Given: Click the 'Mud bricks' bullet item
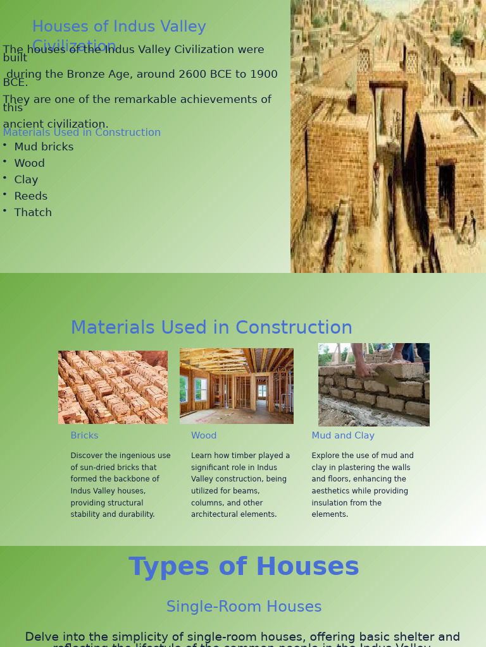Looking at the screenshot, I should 44,147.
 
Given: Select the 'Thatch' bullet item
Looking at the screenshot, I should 33,213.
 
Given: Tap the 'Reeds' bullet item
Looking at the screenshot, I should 30,197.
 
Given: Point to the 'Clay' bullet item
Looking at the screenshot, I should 26,180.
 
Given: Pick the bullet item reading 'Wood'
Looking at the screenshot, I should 29,164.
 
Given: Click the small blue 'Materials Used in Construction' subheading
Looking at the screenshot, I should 82,133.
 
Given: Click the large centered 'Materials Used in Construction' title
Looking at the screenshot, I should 211,328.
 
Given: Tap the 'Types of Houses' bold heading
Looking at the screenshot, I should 244,567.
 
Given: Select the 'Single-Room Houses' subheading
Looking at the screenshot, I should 244,607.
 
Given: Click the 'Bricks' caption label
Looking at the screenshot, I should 84,436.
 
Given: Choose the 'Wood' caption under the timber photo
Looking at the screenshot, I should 204,436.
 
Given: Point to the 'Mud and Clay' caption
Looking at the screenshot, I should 343,436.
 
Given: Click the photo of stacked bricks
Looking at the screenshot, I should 113,387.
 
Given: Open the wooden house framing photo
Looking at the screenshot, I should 237,385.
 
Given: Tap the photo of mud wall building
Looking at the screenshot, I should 373,385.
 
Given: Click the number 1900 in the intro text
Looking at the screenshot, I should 263,75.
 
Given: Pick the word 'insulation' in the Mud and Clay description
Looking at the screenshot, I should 333,503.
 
